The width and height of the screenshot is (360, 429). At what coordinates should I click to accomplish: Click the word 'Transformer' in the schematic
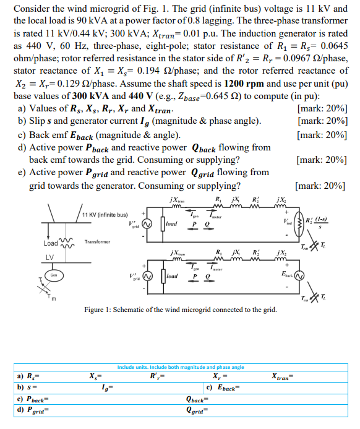98,241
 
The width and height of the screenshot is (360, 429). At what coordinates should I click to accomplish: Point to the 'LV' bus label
50,257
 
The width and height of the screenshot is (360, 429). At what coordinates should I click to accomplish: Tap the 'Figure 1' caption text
181,309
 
